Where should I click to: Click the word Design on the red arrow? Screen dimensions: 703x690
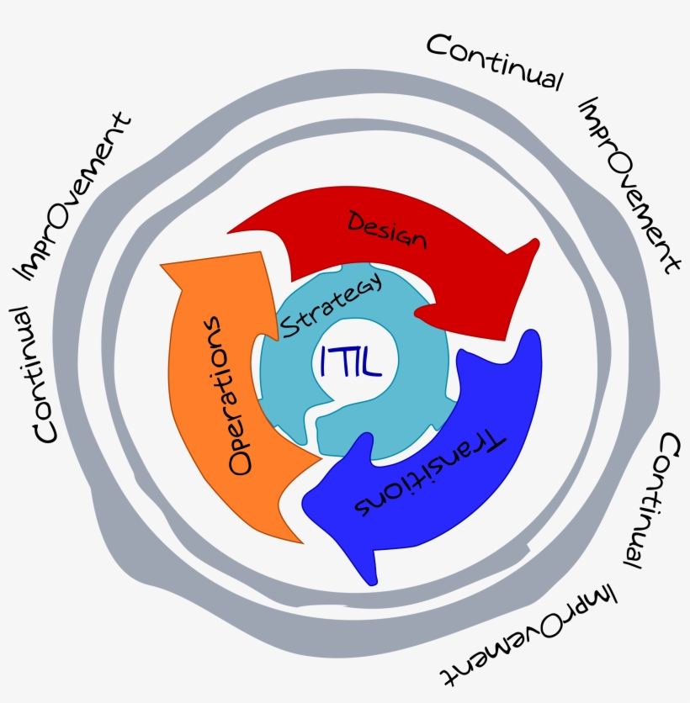point(387,230)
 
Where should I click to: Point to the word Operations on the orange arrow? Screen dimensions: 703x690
point(229,395)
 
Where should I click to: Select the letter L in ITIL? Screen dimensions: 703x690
point(372,362)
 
